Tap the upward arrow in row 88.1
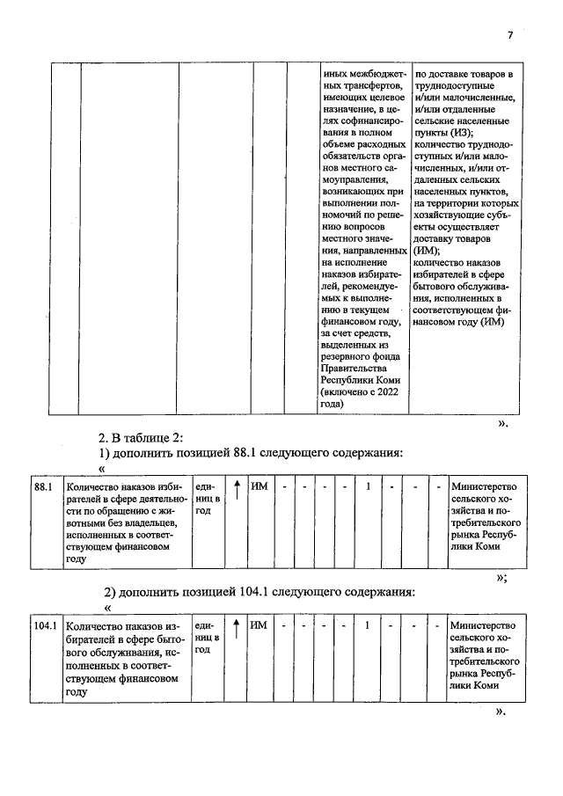237,487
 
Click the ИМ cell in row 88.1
259,486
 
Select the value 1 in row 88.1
368,486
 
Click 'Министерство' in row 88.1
483,486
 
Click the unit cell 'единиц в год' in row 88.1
208,499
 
